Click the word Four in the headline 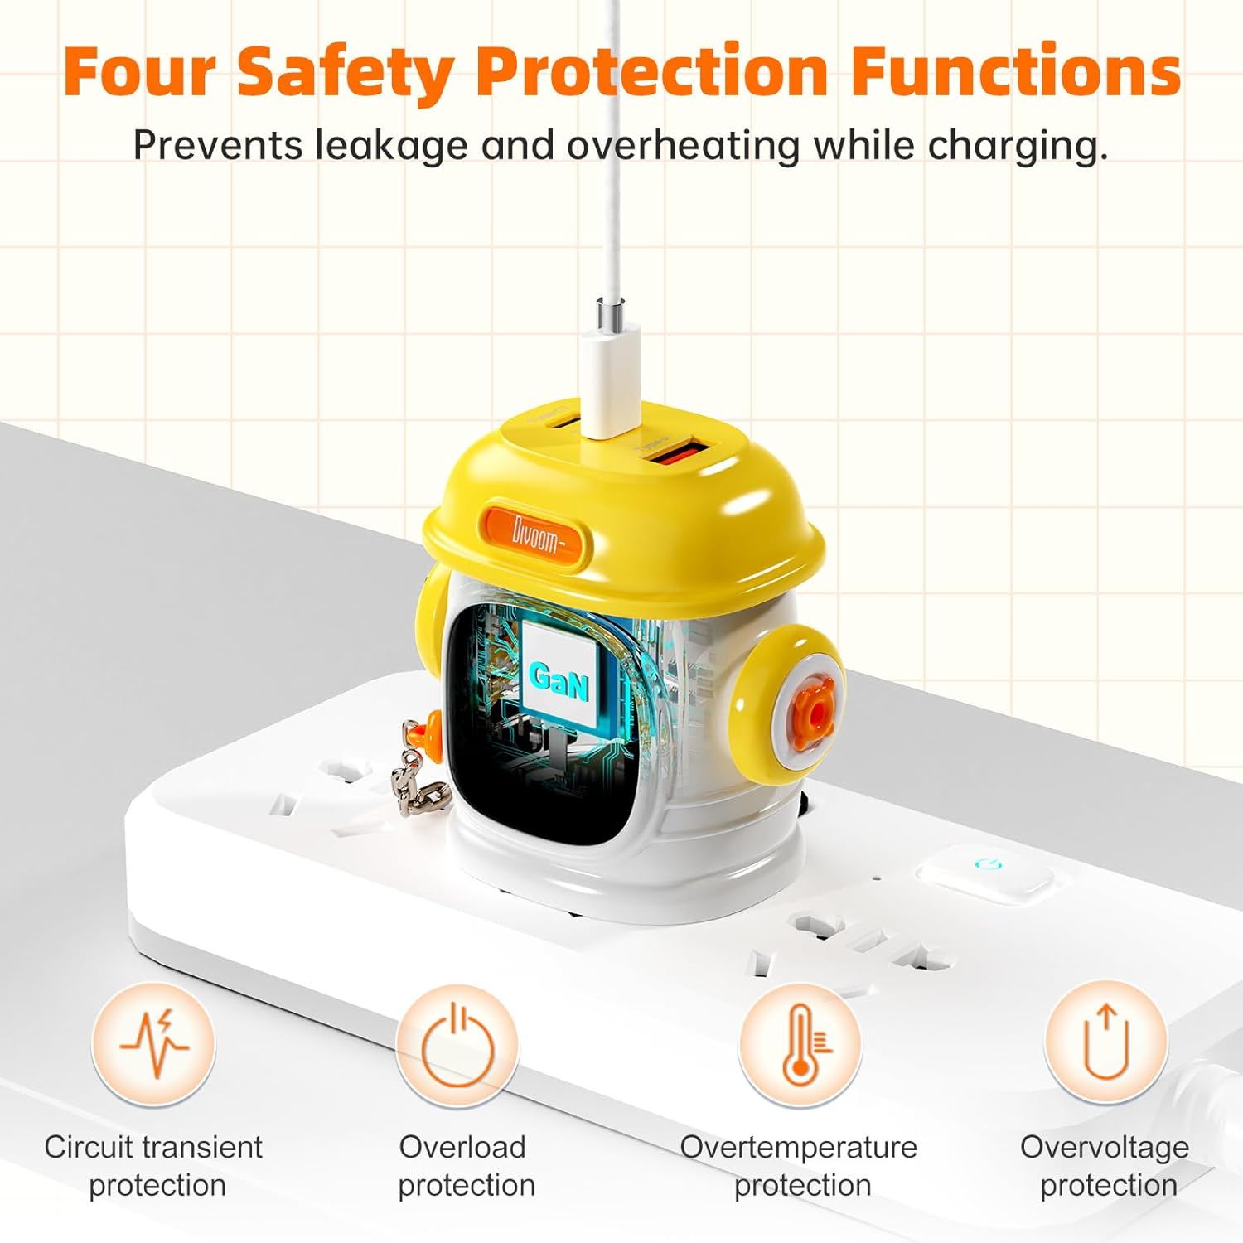click(141, 71)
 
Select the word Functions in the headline click(1016, 71)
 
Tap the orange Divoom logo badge click(535, 535)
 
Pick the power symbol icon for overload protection click(457, 1044)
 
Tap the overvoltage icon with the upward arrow click(1106, 1042)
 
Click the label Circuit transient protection click(154, 1166)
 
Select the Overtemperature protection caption click(800, 1166)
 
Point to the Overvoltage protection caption click(1105, 1166)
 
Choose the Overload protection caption click(466, 1166)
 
